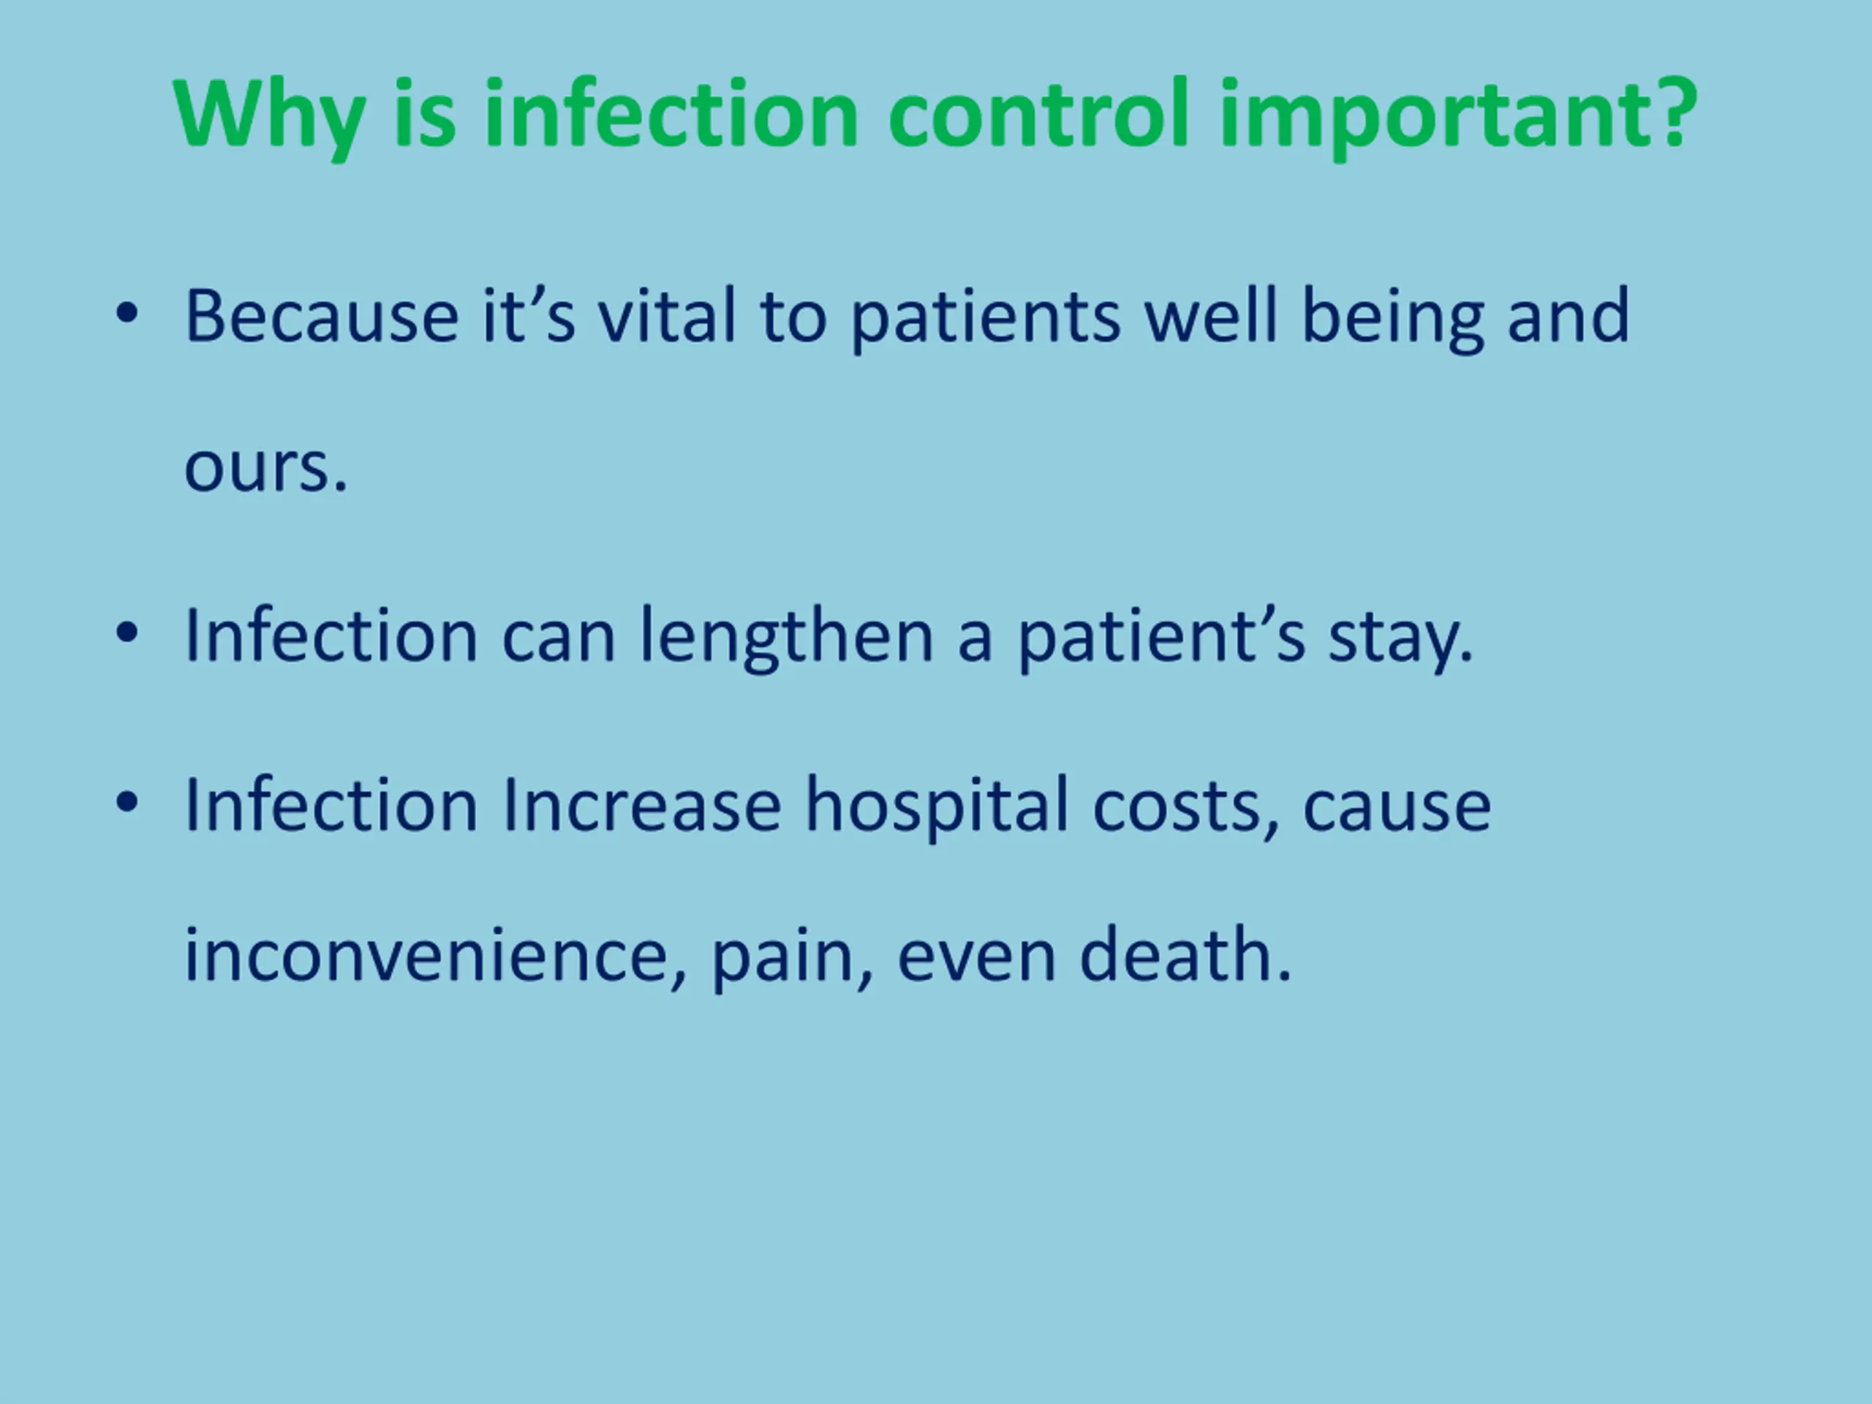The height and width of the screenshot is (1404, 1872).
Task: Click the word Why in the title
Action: [270, 116]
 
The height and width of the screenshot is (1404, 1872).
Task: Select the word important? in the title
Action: [1458, 118]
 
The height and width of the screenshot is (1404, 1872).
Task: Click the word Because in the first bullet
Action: [322, 316]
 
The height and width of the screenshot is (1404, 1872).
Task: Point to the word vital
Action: [667, 316]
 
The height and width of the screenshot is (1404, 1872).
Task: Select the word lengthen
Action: [786, 639]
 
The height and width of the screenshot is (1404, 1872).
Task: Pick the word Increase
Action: [641, 805]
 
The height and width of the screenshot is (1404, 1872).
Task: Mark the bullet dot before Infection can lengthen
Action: [127, 633]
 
